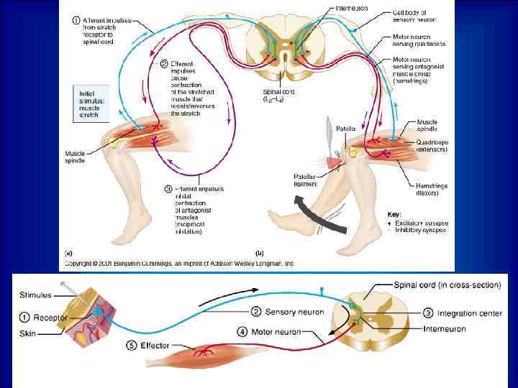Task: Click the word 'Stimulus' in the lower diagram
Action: pos(36,293)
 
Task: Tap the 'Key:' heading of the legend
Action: pos(394,213)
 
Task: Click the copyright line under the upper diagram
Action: pos(180,264)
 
